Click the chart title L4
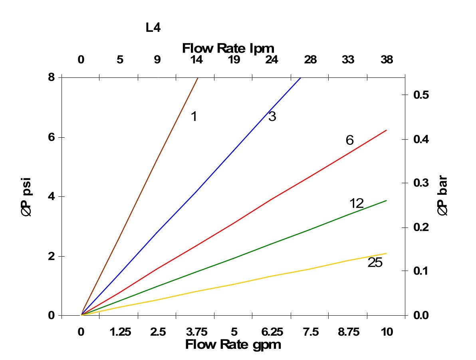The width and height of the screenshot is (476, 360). coord(153,28)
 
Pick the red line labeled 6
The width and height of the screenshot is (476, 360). coord(233,224)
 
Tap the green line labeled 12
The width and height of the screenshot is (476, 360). coord(272,243)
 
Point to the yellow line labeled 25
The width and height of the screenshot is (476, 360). coord(272,276)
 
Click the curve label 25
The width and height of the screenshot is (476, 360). coord(375,263)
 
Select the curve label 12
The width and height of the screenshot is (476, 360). coord(356,204)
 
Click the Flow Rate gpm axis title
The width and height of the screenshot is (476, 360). coord(233,344)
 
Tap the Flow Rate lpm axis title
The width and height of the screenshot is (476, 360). coord(228,49)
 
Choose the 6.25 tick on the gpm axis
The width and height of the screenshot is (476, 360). coord(272,332)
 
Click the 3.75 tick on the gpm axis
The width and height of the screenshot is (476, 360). coord(196,332)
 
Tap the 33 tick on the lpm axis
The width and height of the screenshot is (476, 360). coord(348,60)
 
